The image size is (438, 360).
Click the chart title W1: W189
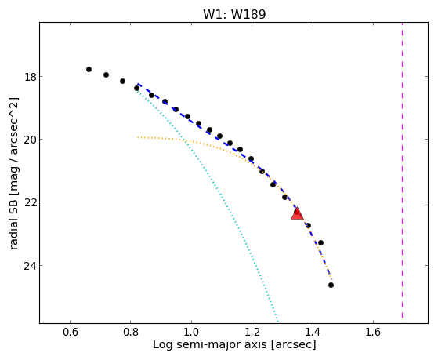coord(234,14)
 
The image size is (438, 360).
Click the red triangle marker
coord(297,213)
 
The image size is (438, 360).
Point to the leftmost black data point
coord(89,69)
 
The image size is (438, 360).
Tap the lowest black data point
coord(331,285)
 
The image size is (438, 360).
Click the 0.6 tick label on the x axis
coord(70,332)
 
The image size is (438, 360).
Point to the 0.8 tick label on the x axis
coord(130,332)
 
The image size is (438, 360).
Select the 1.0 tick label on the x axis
coord(191,332)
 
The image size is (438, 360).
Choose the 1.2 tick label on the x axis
coord(252,332)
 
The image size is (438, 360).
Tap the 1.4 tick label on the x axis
coord(313,332)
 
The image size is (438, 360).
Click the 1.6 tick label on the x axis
coord(374,332)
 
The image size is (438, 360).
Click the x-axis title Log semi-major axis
coord(210,345)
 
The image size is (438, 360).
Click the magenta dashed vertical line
coord(402,170)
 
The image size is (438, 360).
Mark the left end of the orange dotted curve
coord(137,137)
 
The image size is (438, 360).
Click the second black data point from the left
coord(106,75)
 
